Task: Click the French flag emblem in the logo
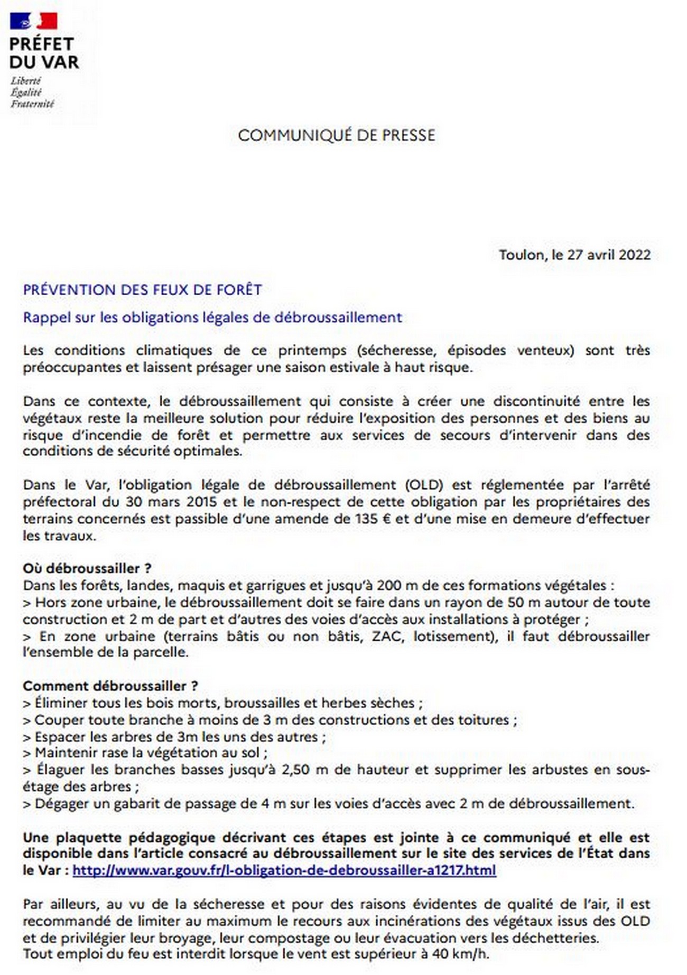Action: click(x=33, y=21)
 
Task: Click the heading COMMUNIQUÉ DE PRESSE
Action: click(x=337, y=135)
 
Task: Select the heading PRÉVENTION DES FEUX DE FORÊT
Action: click(x=142, y=289)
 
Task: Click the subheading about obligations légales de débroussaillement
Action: click(x=212, y=317)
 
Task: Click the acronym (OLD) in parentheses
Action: click(x=424, y=485)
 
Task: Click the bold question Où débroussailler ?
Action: click(x=87, y=568)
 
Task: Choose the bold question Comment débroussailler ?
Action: click(x=110, y=686)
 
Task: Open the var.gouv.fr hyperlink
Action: click(x=284, y=870)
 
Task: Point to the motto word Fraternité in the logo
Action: click(x=32, y=104)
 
